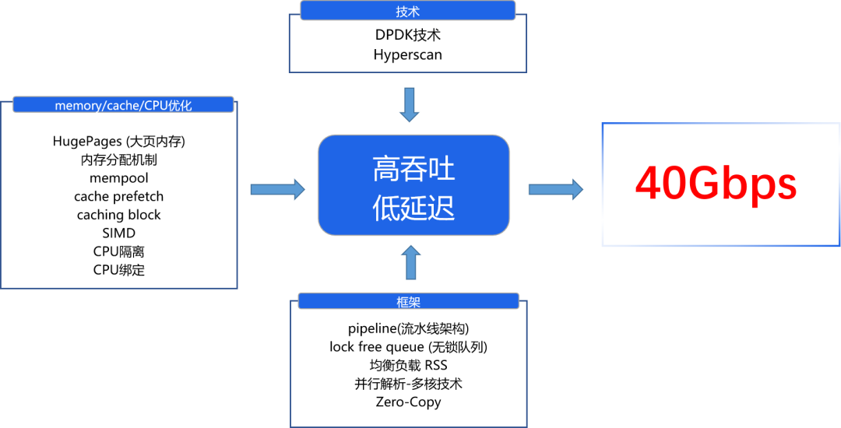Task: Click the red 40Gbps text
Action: [x=716, y=184]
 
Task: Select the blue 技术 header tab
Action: [x=407, y=11]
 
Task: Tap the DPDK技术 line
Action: [x=407, y=35]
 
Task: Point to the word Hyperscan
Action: [x=407, y=54]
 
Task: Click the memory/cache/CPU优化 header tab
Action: [x=123, y=105]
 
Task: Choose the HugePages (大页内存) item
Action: [x=118, y=141]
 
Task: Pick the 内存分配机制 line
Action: [x=118, y=160]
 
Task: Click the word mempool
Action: [x=118, y=177]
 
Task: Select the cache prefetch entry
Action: [x=118, y=196]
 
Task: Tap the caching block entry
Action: [x=118, y=215]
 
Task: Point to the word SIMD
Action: [x=118, y=233]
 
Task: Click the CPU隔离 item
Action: [x=118, y=251]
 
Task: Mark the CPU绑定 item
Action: [x=118, y=270]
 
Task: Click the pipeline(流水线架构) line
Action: [x=408, y=328]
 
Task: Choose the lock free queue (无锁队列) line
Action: [x=408, y=346]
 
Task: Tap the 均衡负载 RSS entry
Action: [x=408, y=365]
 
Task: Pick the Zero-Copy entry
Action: [x=408, y=402]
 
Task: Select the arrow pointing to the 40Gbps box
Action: [x=555, y=188]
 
